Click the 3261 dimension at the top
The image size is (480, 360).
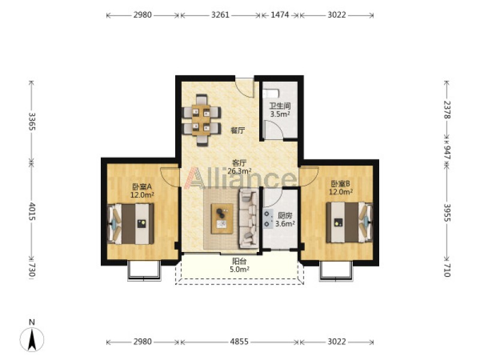[x=220, y=14]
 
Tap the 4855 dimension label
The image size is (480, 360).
[x=239, y=341]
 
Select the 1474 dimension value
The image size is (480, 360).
[x=280, y=14]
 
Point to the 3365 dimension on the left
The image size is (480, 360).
[x=32, y=121]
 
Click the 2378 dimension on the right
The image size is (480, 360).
[x=447, y=109]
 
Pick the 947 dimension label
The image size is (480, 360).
[x=447, y=152]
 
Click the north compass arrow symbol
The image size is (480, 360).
[x=32, y=339]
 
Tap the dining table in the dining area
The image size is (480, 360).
[x=201, y=120]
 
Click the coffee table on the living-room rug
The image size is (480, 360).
[x=222, y=218]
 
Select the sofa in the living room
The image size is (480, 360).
[x=248, y=218]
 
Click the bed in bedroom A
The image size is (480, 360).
[x=131, y=224]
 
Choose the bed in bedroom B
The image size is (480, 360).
[x=349, y=222]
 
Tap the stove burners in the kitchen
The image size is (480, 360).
[x=268, y=219]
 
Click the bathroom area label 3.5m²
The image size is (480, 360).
[x=280, y=114]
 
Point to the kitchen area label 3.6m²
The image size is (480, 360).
[x=285, y=223]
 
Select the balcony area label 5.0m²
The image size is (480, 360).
[x=239, y=269]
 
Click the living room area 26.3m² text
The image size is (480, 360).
[x=239, y=171]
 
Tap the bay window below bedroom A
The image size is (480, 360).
[x=144, y=271]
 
